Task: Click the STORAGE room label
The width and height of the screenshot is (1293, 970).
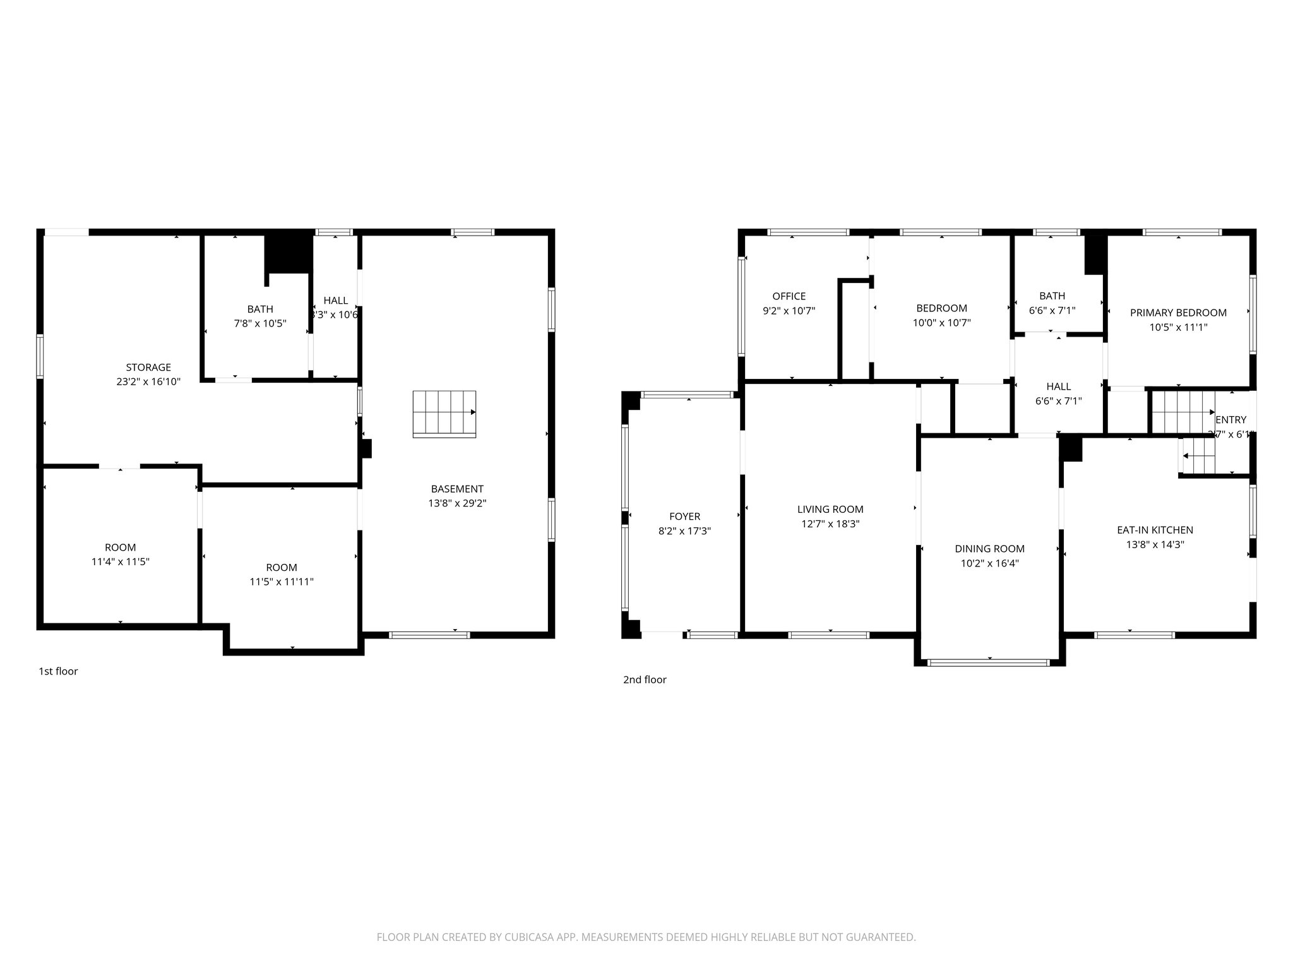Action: (x=148, y=367)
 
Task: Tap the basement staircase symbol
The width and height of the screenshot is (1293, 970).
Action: (x=444, y=414)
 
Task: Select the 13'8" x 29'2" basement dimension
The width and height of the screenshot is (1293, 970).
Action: (x=457, y=503)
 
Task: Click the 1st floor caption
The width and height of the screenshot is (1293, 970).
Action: (x=58, y=671)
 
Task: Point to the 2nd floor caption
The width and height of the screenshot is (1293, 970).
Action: (x=645, y=680)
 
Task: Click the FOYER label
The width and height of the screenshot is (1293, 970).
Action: (x=684, y=517)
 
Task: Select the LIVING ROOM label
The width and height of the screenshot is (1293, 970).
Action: (x=830, y=509)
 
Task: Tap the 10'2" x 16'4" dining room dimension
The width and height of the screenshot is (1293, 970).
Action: (x=989, y=563)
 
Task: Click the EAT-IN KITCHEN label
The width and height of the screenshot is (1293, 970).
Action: (x=1155, y=530)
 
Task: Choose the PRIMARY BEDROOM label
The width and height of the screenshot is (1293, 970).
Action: (x=1178, y=313)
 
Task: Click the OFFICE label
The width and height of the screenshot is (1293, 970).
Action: (x=789, y=296)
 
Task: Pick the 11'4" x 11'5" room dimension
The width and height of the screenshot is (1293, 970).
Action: (x=120, y=561)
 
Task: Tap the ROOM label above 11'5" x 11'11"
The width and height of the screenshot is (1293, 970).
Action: (x=282, y=567)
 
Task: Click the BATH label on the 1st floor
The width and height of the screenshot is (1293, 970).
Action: (x=260, y=309)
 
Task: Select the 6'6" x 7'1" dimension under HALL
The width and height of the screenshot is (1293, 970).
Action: (x=1058, y=400)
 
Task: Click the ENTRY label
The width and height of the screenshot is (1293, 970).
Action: (x=1230, y=420)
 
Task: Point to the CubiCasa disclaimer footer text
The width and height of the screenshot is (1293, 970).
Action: (x=646, y=937)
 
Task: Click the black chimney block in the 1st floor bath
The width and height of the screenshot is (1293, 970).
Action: (x=289, y=253)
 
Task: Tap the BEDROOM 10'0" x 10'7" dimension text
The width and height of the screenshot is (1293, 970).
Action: (x=941, y=323)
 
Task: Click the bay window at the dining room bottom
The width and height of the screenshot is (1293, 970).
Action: (x=989, y=662)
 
